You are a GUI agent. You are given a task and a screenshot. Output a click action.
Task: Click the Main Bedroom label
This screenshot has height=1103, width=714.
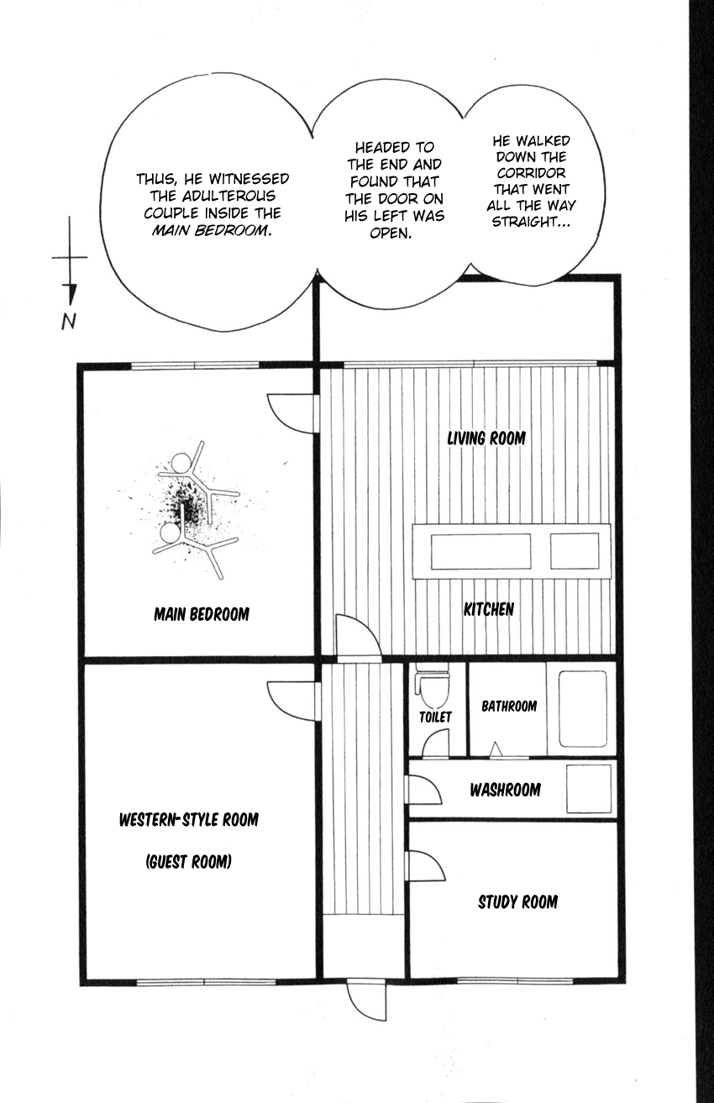click(x=202, y=614)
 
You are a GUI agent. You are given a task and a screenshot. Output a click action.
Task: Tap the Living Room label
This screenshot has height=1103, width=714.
click(x=486, y=438)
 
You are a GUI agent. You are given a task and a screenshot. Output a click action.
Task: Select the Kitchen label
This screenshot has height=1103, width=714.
click(x=489, y=609)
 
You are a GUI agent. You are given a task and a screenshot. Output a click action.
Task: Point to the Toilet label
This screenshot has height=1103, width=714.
click(x=435, y=717)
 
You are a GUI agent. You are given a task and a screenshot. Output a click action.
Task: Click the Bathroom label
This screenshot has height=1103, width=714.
click(x=509, y=706)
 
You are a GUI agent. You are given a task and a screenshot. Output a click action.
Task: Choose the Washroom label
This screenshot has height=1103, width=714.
click(x=505, y=790)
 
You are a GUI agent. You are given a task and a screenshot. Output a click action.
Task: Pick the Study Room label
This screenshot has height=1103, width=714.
click(x=518, y=901)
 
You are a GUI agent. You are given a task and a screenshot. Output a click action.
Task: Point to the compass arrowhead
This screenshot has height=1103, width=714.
click(x=72, y=295)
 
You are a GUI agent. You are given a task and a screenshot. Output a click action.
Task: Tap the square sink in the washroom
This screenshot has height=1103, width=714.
click(x=589, y=789)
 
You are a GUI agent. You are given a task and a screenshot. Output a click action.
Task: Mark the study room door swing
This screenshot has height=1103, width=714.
click(x=425, y=865)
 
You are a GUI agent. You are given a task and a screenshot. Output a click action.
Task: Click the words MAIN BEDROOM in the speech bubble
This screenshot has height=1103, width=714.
click(x=212, y=230)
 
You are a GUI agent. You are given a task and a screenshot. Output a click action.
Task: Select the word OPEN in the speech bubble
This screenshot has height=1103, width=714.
click(x=391, y=234)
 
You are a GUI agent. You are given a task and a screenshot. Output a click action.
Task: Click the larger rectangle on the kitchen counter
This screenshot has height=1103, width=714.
click(x=481, y=551)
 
